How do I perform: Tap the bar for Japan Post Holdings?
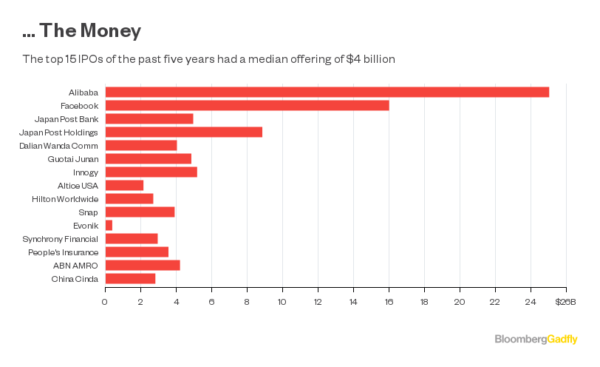pos(183,132)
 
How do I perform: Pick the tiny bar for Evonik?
pos(109,225)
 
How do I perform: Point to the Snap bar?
pos(140,212)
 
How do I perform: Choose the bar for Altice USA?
pos(124,185)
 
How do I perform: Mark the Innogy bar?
pos(151,172)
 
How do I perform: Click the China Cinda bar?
pos(130,278)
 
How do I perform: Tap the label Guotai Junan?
pos(73,158)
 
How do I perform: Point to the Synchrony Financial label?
pos(64,238)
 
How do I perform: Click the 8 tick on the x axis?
pos(247,301)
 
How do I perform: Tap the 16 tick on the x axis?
pos(389,301)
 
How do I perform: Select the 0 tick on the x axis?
pos(105,301)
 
